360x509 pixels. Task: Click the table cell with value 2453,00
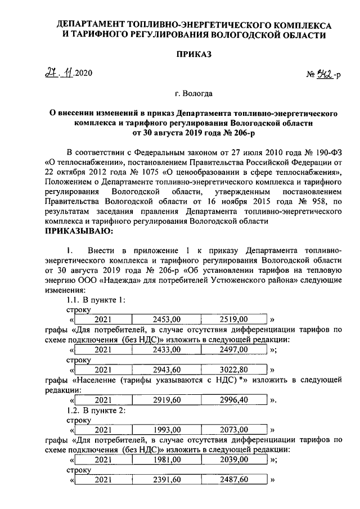coord(166,319)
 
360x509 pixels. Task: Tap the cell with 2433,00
coord(166,349)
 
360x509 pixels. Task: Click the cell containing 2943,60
coord(166,370)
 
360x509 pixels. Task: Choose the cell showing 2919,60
coord(166,400)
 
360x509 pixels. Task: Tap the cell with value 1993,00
coord(166,430)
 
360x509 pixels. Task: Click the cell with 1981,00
coord(166,460)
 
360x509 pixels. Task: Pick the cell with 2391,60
coord(166,480)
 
